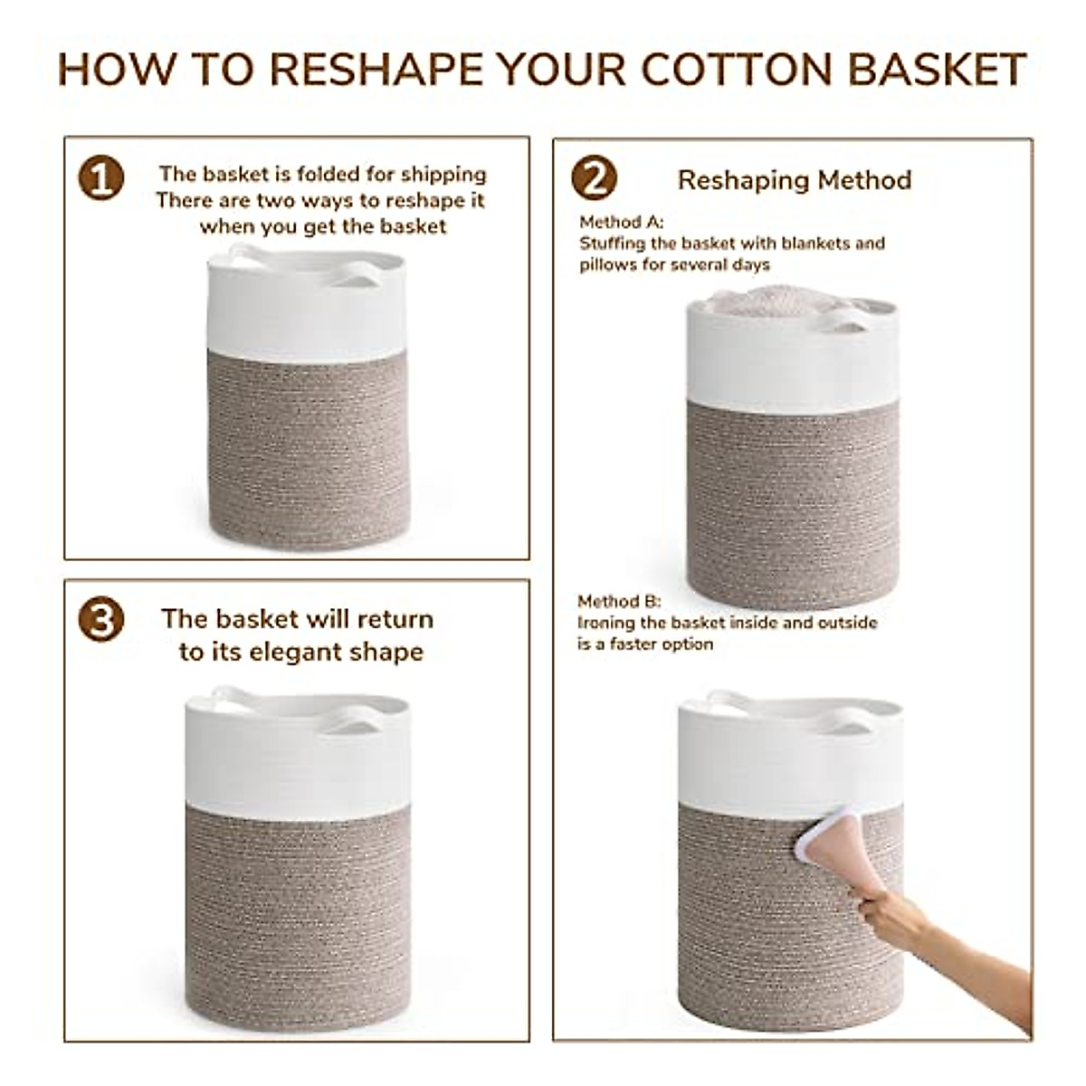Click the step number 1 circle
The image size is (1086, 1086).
(100, 177)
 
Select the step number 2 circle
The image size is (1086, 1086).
(594, 178)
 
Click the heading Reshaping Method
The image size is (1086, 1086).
(794, 180)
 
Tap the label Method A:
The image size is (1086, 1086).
(621, 222)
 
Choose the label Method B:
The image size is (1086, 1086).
(619, 602)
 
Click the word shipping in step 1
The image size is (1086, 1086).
(443, 174)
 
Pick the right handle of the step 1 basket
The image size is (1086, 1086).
(356, 275)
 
